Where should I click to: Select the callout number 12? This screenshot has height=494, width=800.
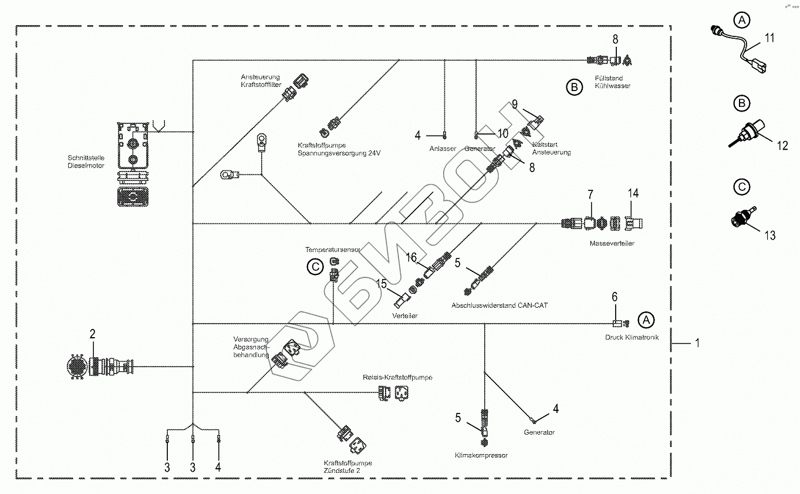(x=782, y=145)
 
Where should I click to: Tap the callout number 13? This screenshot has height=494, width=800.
(x=769, y=235)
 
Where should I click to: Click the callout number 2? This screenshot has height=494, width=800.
(x=92, y=334)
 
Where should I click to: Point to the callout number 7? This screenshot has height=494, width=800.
(x=590, y=194)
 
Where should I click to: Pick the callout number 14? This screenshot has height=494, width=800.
(x=632, y=193)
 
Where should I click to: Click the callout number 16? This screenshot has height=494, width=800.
(x=412, y=257)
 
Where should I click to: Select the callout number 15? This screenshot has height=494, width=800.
(x=382, y=284)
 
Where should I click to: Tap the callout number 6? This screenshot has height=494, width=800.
(x=615, y=297)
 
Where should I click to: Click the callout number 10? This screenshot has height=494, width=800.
(x=503, y=135)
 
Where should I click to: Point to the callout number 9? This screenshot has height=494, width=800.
(x=515, y=105)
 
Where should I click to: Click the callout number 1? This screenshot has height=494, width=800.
(x=697, y=342)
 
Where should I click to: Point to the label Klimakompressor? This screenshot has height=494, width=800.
(x=481, y=455)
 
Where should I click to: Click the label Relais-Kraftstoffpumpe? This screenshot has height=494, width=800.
(x=397, y=377)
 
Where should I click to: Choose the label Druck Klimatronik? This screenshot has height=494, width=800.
(x=632, y=338)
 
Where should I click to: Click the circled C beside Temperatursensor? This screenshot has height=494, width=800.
(x=315, y=267)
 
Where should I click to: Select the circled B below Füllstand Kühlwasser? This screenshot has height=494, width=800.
(x=574, y=88)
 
